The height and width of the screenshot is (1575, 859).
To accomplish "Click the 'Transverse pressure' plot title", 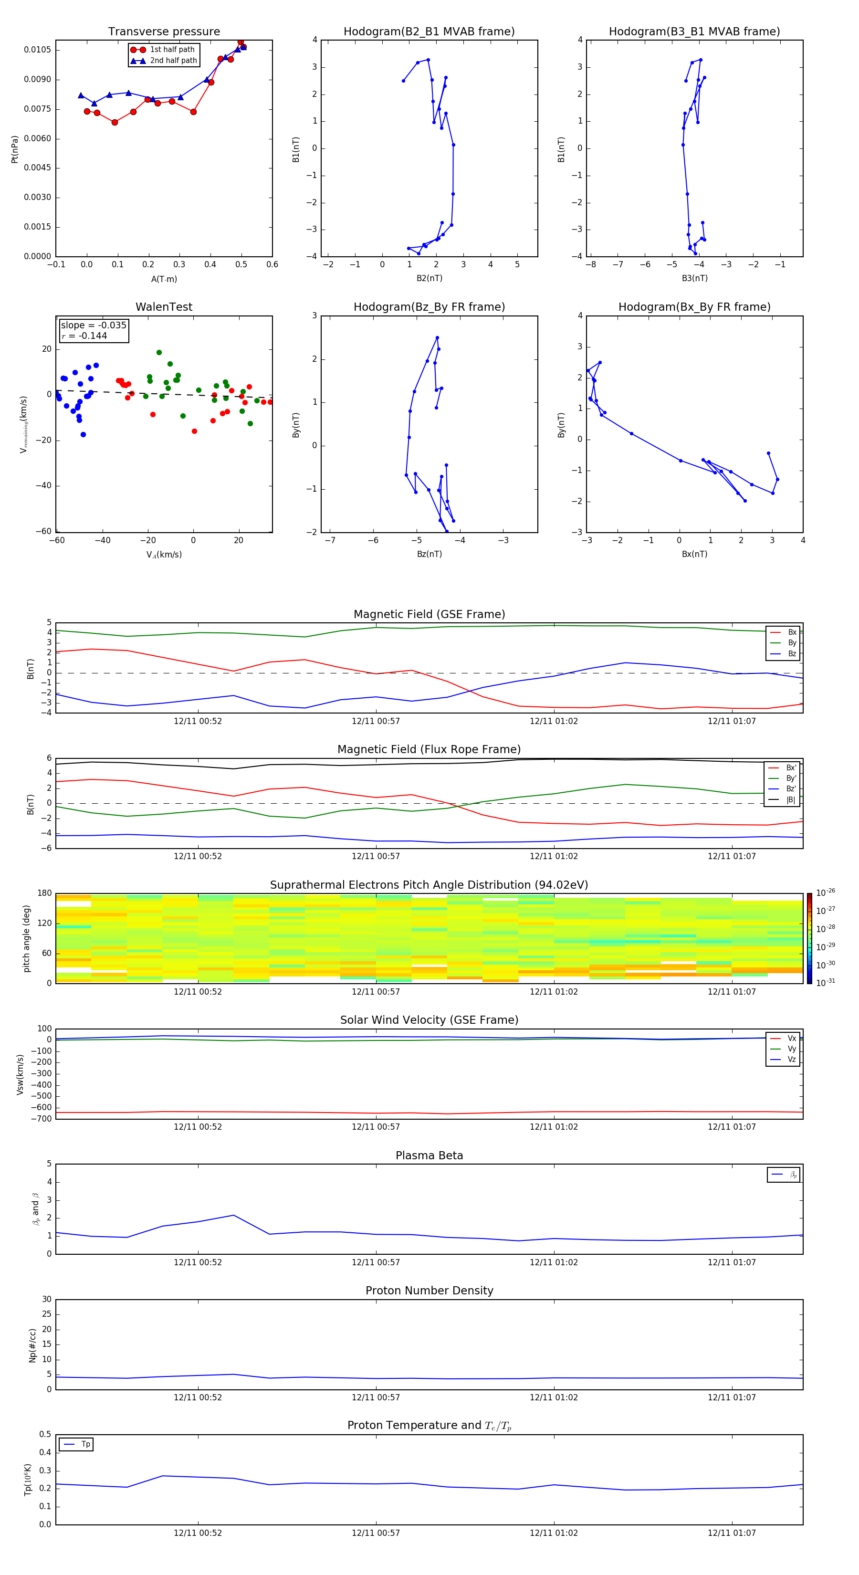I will pyautogui.click(x=164, y=32).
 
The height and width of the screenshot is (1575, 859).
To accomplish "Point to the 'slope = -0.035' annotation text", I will pyautogui.click(x=94, y=325).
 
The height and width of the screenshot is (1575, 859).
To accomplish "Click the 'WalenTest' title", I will pyautogui.click(x=164, y=307).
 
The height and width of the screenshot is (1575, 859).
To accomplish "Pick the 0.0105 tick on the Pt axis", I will pyautogui.click(x=37, y=50).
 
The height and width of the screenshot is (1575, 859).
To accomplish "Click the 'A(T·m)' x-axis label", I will pyautogui.click(x=164, y=279).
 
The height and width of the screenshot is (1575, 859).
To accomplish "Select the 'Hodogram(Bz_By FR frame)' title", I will pyautogui.click(x=429, y=307).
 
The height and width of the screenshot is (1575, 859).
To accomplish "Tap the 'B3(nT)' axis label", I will pyautogui.click(x=694, y=278).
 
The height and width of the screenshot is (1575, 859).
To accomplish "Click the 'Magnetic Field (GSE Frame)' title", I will pyautogui.click(x=429, y=614).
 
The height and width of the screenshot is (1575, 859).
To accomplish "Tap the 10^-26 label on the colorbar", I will pyautogui.click(x=826, y=892).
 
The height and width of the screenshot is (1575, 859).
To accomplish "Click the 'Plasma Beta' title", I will pyautogui.click(x=429, y=1155).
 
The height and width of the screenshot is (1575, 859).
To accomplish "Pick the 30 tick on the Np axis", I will pyautogui.click(x=46, y=1299).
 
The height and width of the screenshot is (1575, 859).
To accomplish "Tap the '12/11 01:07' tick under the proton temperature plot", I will pyautogui.click(x=732, y=1533).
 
